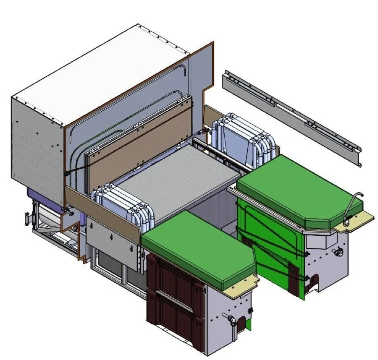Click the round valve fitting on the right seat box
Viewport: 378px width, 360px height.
(x=336, y=252)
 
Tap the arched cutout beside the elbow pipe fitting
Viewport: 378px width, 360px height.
(x=241, y=323)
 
